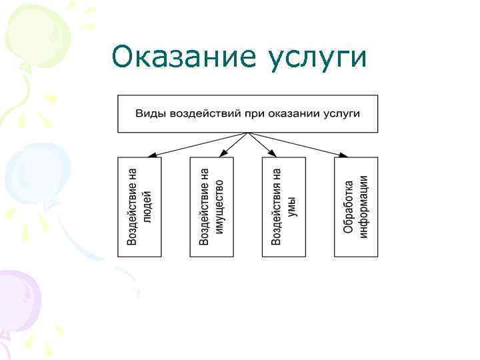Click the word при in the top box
tap(255, 113)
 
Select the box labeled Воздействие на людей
tap(139, 207)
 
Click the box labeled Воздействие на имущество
tap(212, 207)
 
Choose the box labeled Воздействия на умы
tap(284, 207)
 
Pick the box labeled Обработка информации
tap(356, 207)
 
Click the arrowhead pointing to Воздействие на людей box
tap(151, 155)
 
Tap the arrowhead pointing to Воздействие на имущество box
tap(223, 154)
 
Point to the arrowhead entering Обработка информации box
tap(343, 155)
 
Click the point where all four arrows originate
tap(248, 133)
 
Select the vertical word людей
tap(148, 207)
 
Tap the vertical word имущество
tap(220, 207)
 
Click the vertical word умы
tap(292, 207)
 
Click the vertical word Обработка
tap(349, 207)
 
